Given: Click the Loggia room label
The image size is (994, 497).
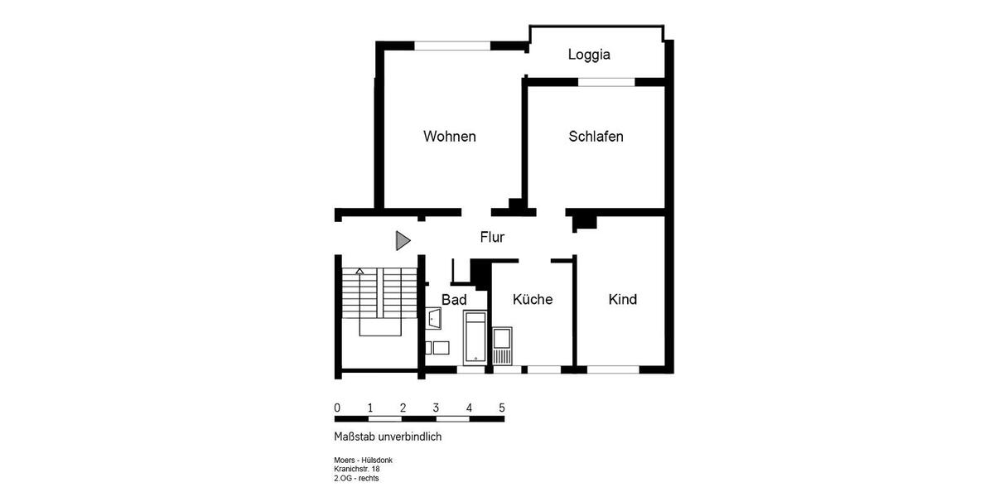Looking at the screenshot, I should (589, 55).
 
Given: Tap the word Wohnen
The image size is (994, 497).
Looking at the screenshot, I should (449, 136).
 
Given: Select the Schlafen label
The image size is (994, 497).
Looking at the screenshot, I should (596, 136).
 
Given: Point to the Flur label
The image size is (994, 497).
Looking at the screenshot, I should (492, 237).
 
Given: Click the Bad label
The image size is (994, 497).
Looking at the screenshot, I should (454, 299).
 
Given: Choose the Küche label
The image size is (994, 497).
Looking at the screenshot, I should (532, 299).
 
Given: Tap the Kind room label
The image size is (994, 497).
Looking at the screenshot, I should (622, 299).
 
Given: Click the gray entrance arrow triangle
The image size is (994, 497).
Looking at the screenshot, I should (402, 241).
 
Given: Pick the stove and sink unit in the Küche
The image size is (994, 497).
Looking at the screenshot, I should (502, 345).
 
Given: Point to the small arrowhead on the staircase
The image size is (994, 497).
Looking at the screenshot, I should (359, 271).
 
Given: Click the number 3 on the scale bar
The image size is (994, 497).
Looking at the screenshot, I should (436, 408).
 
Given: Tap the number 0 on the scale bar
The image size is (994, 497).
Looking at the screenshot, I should (336, 408).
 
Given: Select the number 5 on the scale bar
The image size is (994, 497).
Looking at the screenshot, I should (501, 408).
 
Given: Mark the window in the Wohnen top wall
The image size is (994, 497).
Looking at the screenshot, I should (452, 46).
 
